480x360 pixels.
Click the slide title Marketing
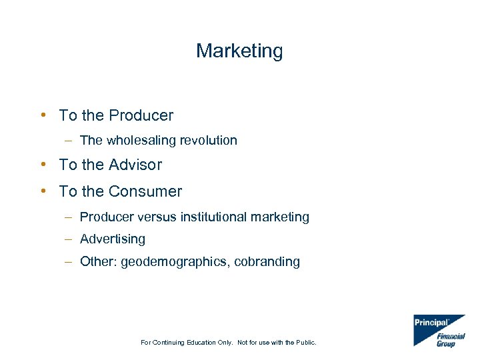click(x=239, y=51)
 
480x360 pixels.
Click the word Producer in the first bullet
click(x=141, y=115)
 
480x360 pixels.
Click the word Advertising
click(x=112, y=239)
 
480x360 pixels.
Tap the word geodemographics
click(x=173, y=261)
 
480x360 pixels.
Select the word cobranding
click(x=267, y=261)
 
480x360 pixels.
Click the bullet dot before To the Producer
click(x=43, y=115)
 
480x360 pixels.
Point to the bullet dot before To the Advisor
click(x=43, y=164)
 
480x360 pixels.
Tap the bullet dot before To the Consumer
click(x=43, y=191)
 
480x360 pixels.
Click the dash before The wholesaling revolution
click(x=69, y=140)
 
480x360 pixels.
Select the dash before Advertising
click(x=69, y=239)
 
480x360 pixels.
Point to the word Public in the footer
click(x=305, y=343)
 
